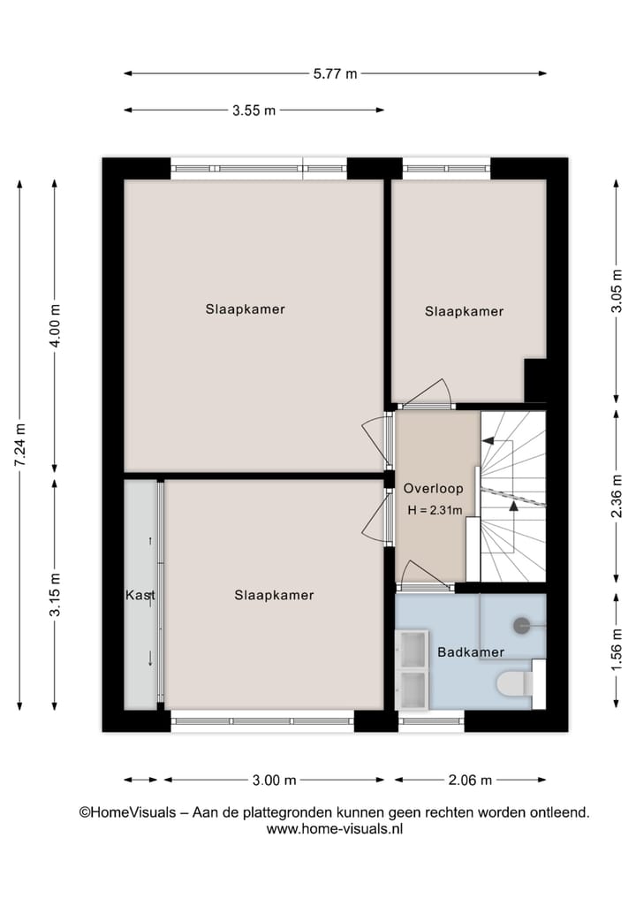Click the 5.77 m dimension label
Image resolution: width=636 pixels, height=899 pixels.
335,74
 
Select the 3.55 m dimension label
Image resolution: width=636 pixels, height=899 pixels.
254,110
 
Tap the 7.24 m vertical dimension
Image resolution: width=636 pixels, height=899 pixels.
19,443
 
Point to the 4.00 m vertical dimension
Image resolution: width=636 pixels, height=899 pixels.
55,326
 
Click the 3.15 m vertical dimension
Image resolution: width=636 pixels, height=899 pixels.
55,594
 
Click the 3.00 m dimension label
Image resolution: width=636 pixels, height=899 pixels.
274,780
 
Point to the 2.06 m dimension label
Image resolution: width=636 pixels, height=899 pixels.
470,780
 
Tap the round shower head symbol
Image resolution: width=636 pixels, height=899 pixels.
520,624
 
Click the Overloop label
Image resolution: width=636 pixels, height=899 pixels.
434,488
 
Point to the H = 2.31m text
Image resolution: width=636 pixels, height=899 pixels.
435,510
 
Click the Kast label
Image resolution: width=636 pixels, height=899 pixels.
140,595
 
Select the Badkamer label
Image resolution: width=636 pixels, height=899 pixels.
471,652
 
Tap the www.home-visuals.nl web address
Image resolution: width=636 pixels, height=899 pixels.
335,829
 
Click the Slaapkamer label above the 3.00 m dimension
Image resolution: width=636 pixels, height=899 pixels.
274,595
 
